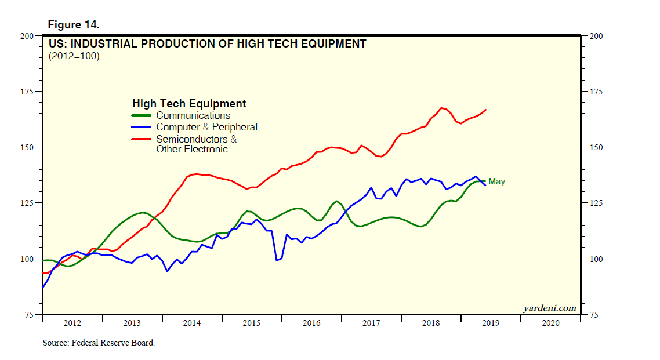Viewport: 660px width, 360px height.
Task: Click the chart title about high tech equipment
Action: tap(207, 43)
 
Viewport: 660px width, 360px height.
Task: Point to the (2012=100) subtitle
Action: tap(74, 56)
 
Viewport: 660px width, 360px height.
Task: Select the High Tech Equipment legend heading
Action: tap(189, 104)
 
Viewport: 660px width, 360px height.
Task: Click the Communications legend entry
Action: tap(193, 115)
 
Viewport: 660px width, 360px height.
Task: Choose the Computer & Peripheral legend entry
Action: tap(206, 127)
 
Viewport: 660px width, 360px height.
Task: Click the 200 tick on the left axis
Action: tap(27, 36)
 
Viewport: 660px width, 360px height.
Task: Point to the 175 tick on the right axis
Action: tap(596, 92)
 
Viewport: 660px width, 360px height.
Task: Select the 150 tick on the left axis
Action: tap(27, 147)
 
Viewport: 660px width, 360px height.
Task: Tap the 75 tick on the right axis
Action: tap(594, 314)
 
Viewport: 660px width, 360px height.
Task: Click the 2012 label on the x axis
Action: tap(72, 323)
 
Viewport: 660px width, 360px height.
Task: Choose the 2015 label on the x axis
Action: tap(252, 323)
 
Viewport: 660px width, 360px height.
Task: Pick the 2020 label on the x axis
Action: tap(550, 323)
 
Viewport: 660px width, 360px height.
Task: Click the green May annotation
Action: tap(496, 182)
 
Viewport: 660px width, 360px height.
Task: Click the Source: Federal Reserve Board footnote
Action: tap(99, 343)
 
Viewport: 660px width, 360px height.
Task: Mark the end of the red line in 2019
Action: tap(485, 110)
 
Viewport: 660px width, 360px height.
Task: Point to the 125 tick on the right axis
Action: tap(596, 203)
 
